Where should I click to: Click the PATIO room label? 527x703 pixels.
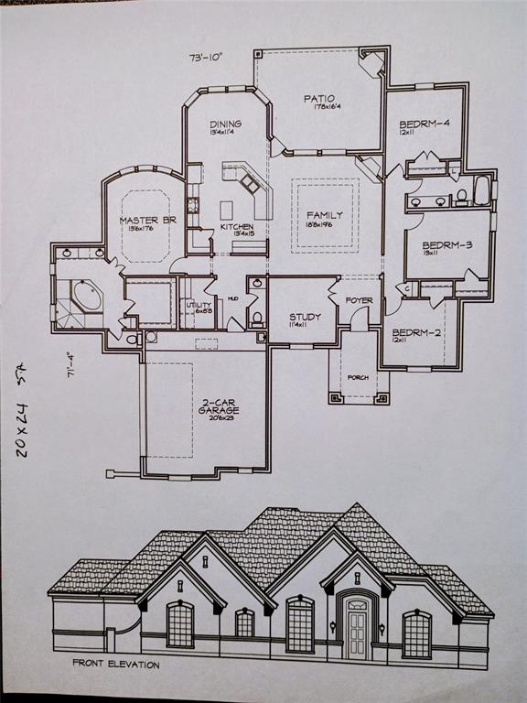[x=319, y=99]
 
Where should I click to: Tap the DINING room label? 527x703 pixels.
[x=225, y=124]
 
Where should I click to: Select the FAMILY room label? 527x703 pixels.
[x=324, y=215]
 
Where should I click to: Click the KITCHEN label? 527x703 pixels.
[x=236, y=227]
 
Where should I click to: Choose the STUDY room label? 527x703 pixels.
[x=305, y=317]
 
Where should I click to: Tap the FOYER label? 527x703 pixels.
[x=358, y=300]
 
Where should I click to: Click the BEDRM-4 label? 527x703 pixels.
[x=423, y=124]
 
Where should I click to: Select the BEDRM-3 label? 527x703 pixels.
[x=429, y=245]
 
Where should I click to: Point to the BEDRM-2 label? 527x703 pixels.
[x=416, y=333]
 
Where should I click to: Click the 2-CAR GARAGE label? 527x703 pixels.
[x=219, y=406]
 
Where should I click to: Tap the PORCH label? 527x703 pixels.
[x=358, y=377]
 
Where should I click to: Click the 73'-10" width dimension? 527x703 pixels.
[x=206, y=58]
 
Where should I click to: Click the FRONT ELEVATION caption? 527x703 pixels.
[x=117, y=665]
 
